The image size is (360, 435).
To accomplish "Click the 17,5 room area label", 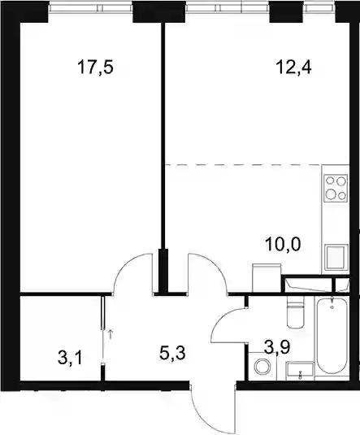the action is (96, 68).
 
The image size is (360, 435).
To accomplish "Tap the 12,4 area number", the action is (293, 68).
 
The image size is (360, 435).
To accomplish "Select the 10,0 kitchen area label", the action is (283, 245).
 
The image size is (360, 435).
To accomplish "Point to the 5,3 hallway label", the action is (172, 354).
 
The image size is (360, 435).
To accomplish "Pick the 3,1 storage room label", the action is (70, 358).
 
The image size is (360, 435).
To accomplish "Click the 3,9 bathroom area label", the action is (277, 347).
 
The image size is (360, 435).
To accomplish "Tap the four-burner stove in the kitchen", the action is (336, 188).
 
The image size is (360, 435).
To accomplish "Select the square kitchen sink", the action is (336, 257).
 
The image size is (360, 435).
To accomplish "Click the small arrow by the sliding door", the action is (111, 334).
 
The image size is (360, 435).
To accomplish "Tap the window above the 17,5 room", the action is (91, 8).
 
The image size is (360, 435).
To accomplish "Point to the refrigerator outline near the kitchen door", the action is (267, 278).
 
